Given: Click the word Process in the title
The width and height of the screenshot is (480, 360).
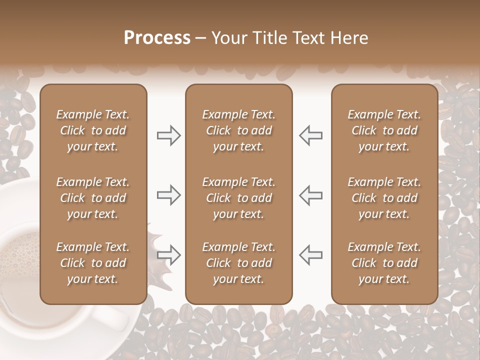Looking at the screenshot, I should (157, 38).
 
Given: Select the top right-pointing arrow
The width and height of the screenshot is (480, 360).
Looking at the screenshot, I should (168, 135).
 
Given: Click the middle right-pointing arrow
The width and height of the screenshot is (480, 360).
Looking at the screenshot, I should (168, 195).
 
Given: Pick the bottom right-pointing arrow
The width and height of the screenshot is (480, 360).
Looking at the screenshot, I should (168, 255).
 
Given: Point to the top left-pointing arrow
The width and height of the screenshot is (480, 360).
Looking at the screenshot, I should (310, 135).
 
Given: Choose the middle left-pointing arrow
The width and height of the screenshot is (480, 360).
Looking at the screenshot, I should (310, 195).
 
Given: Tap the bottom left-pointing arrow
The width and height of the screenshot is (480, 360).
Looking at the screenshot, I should (310, 255).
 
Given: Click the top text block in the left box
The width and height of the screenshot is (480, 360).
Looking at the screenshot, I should (93, 130).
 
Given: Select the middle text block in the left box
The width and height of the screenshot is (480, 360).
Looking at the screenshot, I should (93, 198).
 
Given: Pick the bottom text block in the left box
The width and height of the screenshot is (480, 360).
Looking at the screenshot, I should (93, 263).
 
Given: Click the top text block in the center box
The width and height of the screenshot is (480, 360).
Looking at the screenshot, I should (238, 130).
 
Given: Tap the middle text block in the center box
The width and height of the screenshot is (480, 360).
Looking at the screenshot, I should (238, 198).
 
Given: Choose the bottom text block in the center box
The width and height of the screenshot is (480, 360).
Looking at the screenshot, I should (238, 263).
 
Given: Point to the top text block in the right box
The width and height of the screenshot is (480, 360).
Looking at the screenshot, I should (384, 130).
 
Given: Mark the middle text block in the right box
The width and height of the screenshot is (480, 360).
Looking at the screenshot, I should (384, 198).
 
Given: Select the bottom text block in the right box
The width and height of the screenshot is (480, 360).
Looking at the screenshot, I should (384, 263).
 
